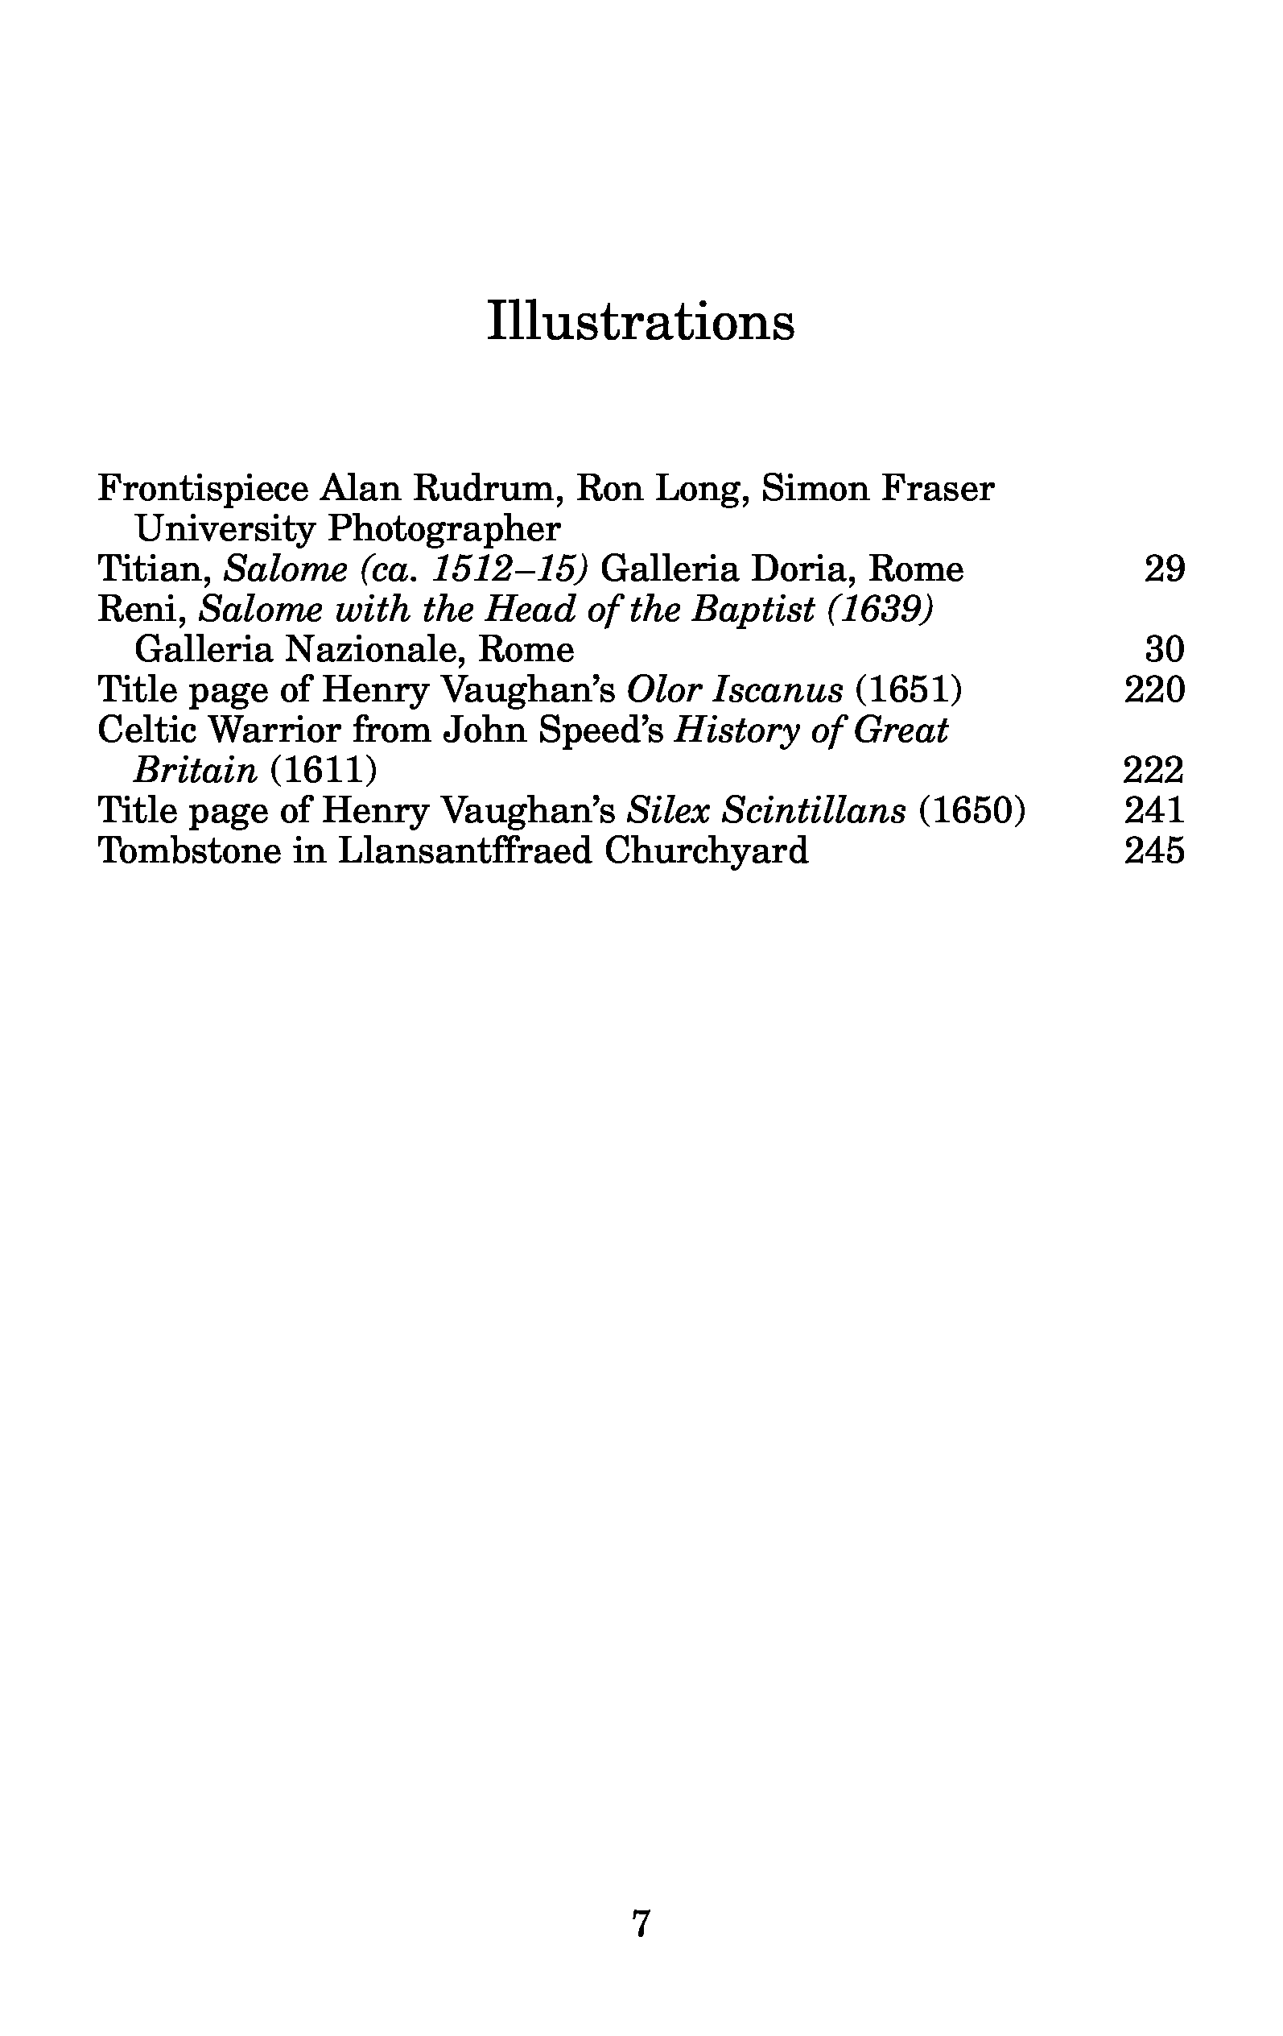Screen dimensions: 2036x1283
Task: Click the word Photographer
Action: point(443,529)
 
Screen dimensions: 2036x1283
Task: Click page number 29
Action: point(1164,569)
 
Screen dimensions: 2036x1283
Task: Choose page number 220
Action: point(1153,690)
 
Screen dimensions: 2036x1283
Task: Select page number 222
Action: point(1153,770)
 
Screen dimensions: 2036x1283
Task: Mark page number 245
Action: point(1153,850)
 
